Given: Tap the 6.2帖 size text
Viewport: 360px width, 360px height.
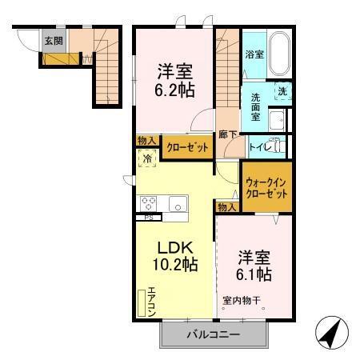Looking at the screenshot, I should tap(173, 90).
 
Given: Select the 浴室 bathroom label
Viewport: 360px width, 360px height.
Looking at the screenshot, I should tap(254, 55).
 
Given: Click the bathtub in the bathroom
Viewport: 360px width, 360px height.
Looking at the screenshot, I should tap(280, 53).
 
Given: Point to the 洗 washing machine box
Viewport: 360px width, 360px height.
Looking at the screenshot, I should tap(282, 92).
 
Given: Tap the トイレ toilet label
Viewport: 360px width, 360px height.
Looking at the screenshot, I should tap(260, 146).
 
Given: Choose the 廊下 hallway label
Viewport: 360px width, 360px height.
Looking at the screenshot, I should tap(228, 134).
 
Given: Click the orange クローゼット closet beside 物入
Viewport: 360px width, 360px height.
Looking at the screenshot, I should tap(188, 147).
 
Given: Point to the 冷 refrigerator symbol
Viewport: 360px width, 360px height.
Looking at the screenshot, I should tap(148, 159).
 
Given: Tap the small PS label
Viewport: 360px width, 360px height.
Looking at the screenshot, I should tap(148, 218).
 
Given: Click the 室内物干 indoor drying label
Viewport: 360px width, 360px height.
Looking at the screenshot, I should tap(242, 302).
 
